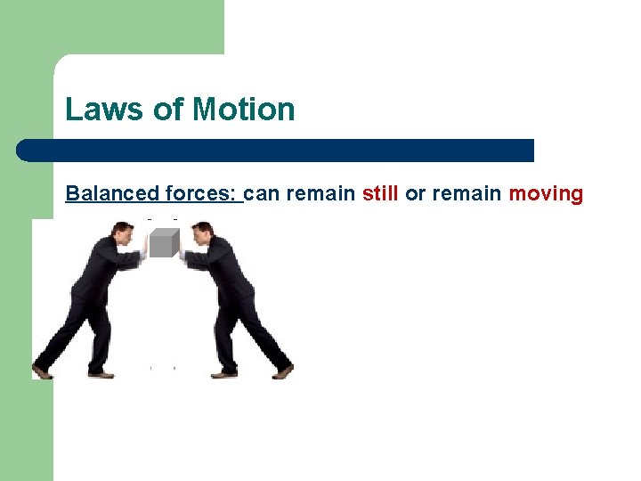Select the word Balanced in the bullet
coord(112,193)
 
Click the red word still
coord(380,193)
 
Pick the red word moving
coord(546,193)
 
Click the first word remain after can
coord(317,193)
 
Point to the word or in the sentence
coord(416,193)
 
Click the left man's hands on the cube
coord(142,254)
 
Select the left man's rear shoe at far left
coord(42,371)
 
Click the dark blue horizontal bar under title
coord(276,150)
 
